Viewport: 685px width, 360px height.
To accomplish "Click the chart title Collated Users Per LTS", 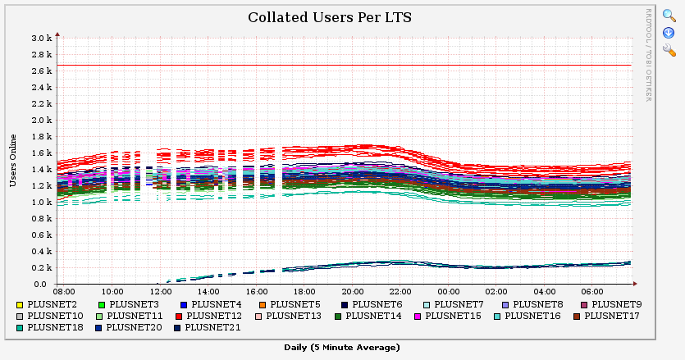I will tap(329, 17).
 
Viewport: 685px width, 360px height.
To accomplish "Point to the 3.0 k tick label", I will tap(41, 38).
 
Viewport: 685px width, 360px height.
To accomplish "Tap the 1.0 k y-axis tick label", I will tap(41, 202).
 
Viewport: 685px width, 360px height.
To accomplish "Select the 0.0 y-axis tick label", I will tap(46, 284).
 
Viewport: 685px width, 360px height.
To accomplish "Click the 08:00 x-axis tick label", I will tap(64, 291).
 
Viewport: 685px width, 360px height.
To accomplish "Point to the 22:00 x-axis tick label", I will tap(400, 291).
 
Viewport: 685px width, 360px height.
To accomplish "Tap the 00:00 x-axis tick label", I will tap(448, 291).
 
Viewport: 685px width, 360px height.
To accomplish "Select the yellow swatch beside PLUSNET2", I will tap(20, 304).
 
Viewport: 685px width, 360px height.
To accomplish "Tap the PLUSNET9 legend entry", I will tap(616, 304).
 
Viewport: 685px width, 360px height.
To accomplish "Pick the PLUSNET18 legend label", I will tap(55, 326).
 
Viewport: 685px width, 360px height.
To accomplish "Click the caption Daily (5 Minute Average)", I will tap(342, 348).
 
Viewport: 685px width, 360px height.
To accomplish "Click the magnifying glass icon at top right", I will tap(669, 16).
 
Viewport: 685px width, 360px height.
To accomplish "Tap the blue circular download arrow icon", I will tap(669, 33).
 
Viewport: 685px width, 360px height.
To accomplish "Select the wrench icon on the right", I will tap(669, 51).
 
